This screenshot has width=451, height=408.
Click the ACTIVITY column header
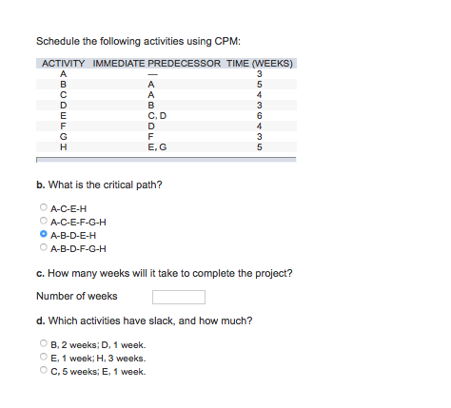[x=64, y=64]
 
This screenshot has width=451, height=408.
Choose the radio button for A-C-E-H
[x=43, y=207]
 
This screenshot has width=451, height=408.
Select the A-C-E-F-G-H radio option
[x=43, y=220]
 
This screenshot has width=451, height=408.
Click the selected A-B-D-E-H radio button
[x=43, y=233]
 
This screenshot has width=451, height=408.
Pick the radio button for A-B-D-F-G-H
[x=43, y=246]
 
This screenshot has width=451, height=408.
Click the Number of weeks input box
[x=178, y=296]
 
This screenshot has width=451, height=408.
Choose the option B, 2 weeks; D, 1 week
[x=43, y=345]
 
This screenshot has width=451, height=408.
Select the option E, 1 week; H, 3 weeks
[x=43, y=359]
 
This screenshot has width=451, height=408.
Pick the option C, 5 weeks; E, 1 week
[x=43, y=372]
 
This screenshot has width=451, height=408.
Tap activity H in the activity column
[x=63, y=146]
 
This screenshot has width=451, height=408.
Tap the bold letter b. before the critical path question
[x=39, y=184]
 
